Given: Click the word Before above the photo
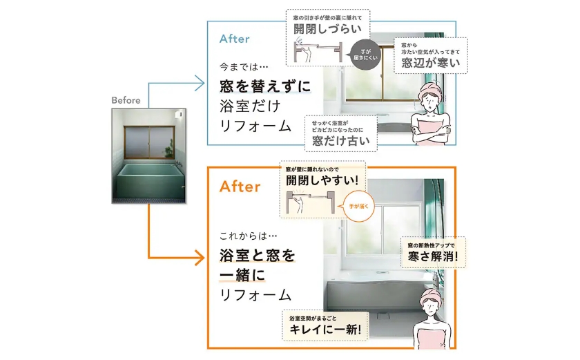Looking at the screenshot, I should (x=126, y=100).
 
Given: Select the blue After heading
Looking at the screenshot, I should (x=234, y=39).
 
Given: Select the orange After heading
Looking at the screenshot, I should (x=240, y=187).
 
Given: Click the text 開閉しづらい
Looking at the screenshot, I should (x=322, y=30).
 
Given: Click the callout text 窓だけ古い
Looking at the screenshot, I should (x=341, y=140).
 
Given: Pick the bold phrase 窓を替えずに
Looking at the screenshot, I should (x=265, y=86).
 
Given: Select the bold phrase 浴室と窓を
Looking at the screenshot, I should (x=257, y=256).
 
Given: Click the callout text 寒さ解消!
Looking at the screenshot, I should (x=433, y=256).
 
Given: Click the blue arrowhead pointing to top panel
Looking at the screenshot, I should (x=200, y=84).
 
